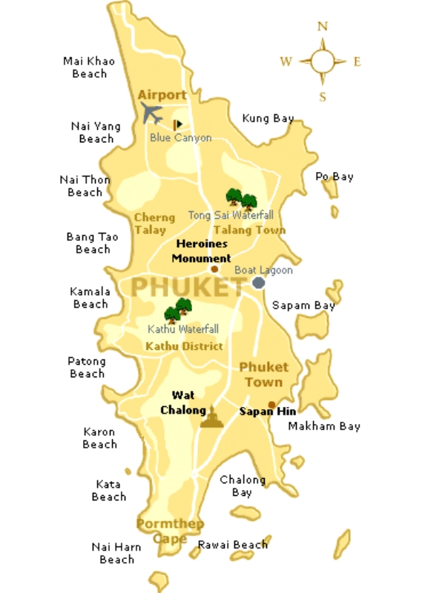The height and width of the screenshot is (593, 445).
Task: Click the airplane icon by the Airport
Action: pyautogui.click(x=152, y=113)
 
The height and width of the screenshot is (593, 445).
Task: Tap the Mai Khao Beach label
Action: pyautogui.click(x=89, y=67)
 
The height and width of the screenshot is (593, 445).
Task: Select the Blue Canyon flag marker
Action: pyautogui.click(x=177, y=125)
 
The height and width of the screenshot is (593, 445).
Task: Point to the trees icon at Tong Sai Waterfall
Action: pyautogui.click(x=241, y=198)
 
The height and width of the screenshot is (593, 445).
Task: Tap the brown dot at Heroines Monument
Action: pyautogui.click(x=214, y=269)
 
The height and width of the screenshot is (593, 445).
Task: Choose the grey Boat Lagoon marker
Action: pyautogui.click(x=258, y=282)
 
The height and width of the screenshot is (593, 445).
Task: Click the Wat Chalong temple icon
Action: pyautogui.click(x=211, y=417)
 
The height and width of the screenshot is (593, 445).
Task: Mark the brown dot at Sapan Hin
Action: pyautogui.click(x=271, y=405)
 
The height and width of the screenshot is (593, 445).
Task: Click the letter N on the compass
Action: pyautogui.click(x=323, y=27)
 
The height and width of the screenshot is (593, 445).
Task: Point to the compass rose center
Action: pyautogui.click(x=323, y=61)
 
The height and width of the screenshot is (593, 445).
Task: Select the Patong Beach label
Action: pyautogui.click(x=87, y=368)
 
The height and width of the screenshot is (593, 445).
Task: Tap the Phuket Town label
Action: pyautogui.click(x=263, y=374)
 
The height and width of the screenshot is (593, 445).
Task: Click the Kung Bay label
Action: pyautogui.click(x=268, y=118)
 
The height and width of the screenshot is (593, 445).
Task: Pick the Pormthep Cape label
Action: pyautogui.click(x=170, y=531)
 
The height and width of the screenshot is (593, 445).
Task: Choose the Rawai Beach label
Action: pyautogui.click(x=232, y=545)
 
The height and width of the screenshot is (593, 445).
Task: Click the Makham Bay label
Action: pyautogui.click(x=324, y=426)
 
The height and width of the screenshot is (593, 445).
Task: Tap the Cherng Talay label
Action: pyautogui.click(x=154, y=223)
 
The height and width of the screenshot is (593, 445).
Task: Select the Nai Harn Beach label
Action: pyautogui.click(x=116, y=553)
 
